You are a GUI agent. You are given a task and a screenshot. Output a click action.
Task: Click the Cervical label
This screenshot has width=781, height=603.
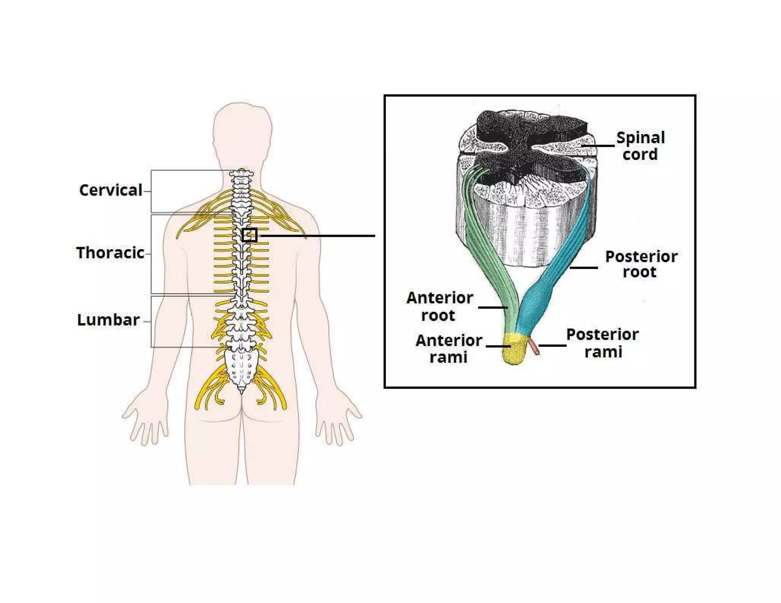pyautogui.click(x=111, y=190)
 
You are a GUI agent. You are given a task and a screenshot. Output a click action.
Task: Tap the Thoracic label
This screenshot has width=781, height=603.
pyautogui.click(x=110, y=253)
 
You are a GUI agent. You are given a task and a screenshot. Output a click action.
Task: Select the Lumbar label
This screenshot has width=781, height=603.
pyautogui.click(x=108, y=320)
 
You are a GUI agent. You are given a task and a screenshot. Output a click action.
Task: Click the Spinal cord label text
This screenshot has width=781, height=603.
pyautogui.click(x=640, y=146)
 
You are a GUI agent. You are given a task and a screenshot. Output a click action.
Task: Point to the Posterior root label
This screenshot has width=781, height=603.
pyautogui.click(x=641, y=264)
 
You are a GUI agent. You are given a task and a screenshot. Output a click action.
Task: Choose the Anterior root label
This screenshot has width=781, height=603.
pyautogui.click(x=439, y=306)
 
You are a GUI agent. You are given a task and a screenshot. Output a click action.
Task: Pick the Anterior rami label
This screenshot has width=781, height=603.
pyautogui.click(x=448, y=348)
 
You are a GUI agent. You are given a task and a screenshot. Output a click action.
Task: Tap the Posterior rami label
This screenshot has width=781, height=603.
pyautogui.click(x=602, y=343)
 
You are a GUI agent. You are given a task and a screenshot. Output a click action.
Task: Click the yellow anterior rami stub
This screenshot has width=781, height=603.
pyautogui.click(x=514, y=349)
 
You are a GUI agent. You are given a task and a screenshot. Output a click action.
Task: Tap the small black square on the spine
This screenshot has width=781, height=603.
pyautogui.click(x=249, y=235)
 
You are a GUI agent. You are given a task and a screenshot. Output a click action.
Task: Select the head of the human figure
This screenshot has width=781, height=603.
pyautogui.click(x=242, y=130)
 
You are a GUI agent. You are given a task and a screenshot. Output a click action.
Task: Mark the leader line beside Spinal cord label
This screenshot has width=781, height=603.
pyautogui.click(x=599, y=146)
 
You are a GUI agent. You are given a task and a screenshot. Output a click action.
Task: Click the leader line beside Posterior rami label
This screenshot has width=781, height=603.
pyautogui.click(x=552, y=346)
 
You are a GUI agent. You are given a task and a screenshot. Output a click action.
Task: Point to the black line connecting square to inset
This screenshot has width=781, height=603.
pyautogui.click(x=317, y=236)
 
